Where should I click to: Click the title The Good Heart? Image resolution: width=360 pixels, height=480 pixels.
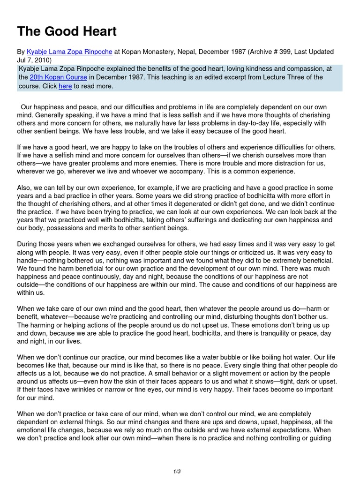pos(67,32)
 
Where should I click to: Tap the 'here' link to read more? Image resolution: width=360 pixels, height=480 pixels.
pos(65,86)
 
